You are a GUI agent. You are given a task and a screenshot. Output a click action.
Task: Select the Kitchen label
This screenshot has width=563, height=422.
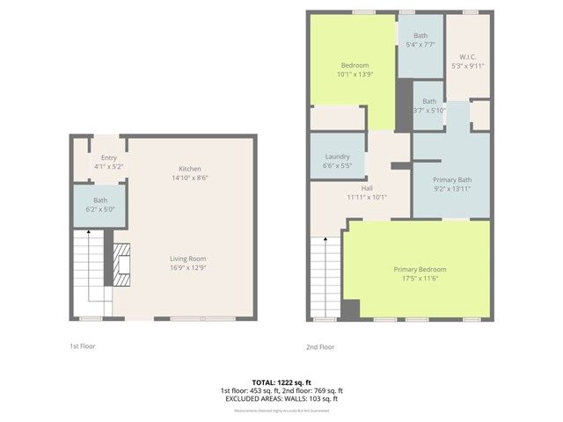[191, 168]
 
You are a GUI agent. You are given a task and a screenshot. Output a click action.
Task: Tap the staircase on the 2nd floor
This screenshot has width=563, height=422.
[324, 277]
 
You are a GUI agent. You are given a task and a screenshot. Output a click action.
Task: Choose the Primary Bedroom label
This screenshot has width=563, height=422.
[419, 269]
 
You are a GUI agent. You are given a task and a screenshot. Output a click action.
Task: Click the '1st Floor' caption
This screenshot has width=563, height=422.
[83, 346]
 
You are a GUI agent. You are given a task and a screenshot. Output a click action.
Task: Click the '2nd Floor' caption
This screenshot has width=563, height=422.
[319, 346]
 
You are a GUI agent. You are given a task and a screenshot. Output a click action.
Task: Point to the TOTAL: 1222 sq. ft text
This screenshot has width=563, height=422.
[281, 382]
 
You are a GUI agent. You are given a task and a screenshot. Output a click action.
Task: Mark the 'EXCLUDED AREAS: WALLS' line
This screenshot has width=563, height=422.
[281, 399]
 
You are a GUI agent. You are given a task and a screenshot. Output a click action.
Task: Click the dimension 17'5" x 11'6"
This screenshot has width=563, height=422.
[419, 279]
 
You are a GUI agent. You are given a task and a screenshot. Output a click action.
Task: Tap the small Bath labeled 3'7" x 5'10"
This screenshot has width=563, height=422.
[428, 105]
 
